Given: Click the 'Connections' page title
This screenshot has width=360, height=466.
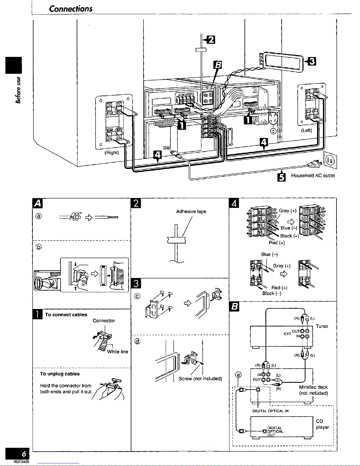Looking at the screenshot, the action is tap(71, 9).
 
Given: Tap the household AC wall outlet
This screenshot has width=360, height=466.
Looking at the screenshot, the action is tap(330, 160).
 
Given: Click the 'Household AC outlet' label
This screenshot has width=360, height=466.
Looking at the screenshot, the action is tap(313, 176).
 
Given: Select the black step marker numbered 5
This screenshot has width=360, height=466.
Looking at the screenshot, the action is tap(281, 177).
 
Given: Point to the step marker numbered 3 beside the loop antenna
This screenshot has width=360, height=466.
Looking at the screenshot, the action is tap(312, 61).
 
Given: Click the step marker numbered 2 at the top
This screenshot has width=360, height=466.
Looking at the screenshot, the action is tap(211, 40).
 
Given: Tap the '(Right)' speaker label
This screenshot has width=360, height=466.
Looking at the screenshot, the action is tap(112, 153).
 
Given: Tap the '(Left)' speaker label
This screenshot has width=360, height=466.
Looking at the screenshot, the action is tap(307, 130).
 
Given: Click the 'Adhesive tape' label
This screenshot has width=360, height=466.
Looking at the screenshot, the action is tap(191, 211).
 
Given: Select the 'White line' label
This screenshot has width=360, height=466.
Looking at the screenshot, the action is tap(118, 352).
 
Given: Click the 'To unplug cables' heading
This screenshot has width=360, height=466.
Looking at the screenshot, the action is tap(60, 374).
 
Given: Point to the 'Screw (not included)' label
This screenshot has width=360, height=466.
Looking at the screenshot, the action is tap(200, 378).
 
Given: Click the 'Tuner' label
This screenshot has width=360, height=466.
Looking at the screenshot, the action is tap(322, 326).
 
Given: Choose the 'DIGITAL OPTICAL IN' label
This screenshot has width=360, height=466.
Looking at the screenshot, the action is tap(270, 411).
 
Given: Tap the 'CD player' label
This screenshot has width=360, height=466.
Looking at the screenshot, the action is tap(322, 424).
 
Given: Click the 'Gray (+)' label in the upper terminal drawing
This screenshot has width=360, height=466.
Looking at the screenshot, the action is tap(288, 211).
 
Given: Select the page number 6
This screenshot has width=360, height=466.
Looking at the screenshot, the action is tap(24, 454).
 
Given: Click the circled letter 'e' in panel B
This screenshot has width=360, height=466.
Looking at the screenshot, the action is tap(238, 375).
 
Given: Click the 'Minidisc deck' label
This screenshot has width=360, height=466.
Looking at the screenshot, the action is tap(313, 387).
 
